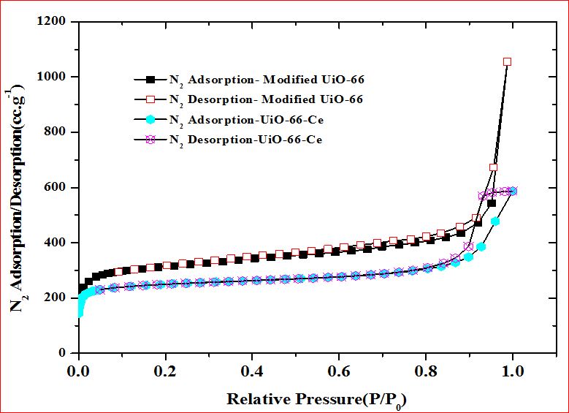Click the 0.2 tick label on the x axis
coord(164,370)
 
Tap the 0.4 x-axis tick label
coord(252,370)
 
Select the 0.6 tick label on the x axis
coord(339,370)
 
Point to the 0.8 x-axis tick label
coord(426,370)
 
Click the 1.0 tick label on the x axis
coord(513,370)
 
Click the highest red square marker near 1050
coord(507,62)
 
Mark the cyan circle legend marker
coord(151,119)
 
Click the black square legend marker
coord(151,79)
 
